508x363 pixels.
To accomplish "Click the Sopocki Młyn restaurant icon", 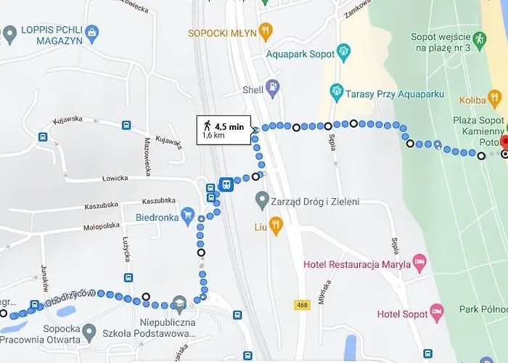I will (x=267, y=32).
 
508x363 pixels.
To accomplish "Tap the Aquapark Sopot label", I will (x=300, y=54).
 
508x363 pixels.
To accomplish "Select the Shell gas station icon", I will (x=273, y=89).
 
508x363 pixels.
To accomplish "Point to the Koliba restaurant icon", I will (x=495, y=98).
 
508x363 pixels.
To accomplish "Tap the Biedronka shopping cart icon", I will (x=188, y=216).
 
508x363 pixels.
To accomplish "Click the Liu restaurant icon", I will (x=275, y=227).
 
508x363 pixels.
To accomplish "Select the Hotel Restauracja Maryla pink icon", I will (x=419, y=261).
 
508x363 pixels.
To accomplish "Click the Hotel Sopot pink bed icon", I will (x=437, y=313).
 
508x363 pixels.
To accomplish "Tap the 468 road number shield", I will (x=303, y=305).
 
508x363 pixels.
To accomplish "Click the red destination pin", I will (x=505, y=142).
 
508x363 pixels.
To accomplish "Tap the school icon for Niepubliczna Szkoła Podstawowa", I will (x=179, y=303).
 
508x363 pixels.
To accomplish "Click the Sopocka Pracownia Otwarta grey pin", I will (x=89, y=333).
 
